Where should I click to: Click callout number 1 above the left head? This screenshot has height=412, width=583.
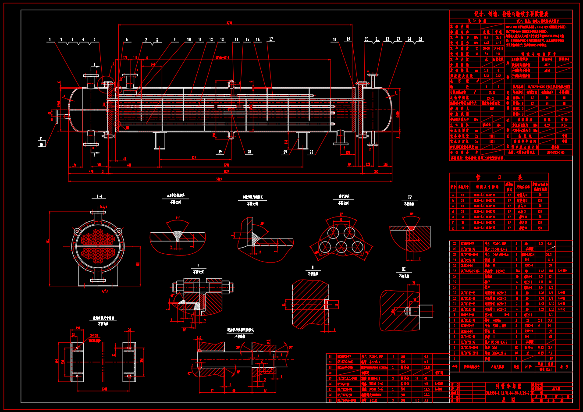coord(50,39)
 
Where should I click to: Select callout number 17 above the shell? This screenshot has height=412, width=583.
coord(271,39)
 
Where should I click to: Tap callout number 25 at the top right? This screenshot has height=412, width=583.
coord(420,39)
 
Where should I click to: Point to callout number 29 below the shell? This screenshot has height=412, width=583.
coord(220,152)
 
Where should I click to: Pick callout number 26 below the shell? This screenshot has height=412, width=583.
coord(311,152)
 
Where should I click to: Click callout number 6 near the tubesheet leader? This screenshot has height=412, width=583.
coord(127,40)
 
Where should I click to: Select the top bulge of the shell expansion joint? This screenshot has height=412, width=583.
coord(231,83)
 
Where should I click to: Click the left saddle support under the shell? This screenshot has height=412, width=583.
coord(160,141)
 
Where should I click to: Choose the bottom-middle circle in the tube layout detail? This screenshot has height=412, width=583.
coord(341,247)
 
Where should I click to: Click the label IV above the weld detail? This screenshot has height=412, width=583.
coord(410,197)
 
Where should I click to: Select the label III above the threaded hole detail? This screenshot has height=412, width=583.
coord(404,269)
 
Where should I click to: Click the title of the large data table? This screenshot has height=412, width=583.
coord(511,14)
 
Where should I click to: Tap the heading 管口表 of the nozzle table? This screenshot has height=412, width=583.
coord(499,178)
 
